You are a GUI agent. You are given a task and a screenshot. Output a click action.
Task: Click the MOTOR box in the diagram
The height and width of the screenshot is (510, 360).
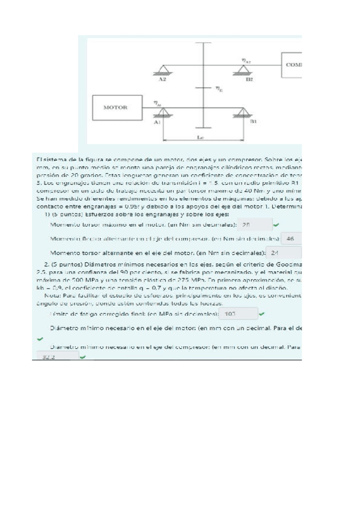pos(116,108)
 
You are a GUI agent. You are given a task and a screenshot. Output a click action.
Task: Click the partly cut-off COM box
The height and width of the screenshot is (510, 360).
pos(291,64)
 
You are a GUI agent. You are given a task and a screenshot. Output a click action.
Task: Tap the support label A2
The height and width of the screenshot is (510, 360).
pos(163,79)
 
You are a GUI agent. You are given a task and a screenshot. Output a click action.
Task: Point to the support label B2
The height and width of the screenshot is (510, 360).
pos(249,79)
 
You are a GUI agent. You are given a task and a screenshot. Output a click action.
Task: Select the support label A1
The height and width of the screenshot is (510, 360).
pos(157,121)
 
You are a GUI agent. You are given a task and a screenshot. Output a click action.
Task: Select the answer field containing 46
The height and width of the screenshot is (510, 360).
pos(291,239)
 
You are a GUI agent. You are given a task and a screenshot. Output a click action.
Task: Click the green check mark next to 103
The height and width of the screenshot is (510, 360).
pos(261,314)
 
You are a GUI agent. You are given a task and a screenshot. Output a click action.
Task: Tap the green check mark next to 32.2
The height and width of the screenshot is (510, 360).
pos(83,357)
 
